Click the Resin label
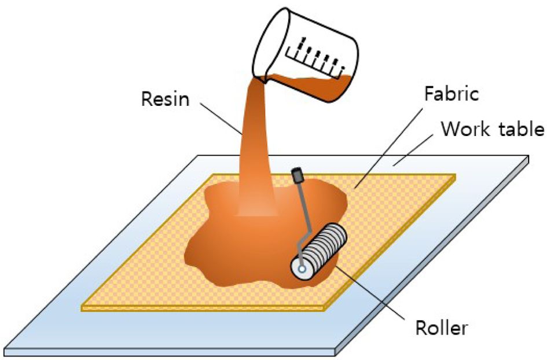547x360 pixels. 165,99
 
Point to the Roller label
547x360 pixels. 442,329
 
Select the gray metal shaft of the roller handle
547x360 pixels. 303,208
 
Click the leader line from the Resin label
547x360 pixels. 223,119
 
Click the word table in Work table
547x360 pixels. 518,129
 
